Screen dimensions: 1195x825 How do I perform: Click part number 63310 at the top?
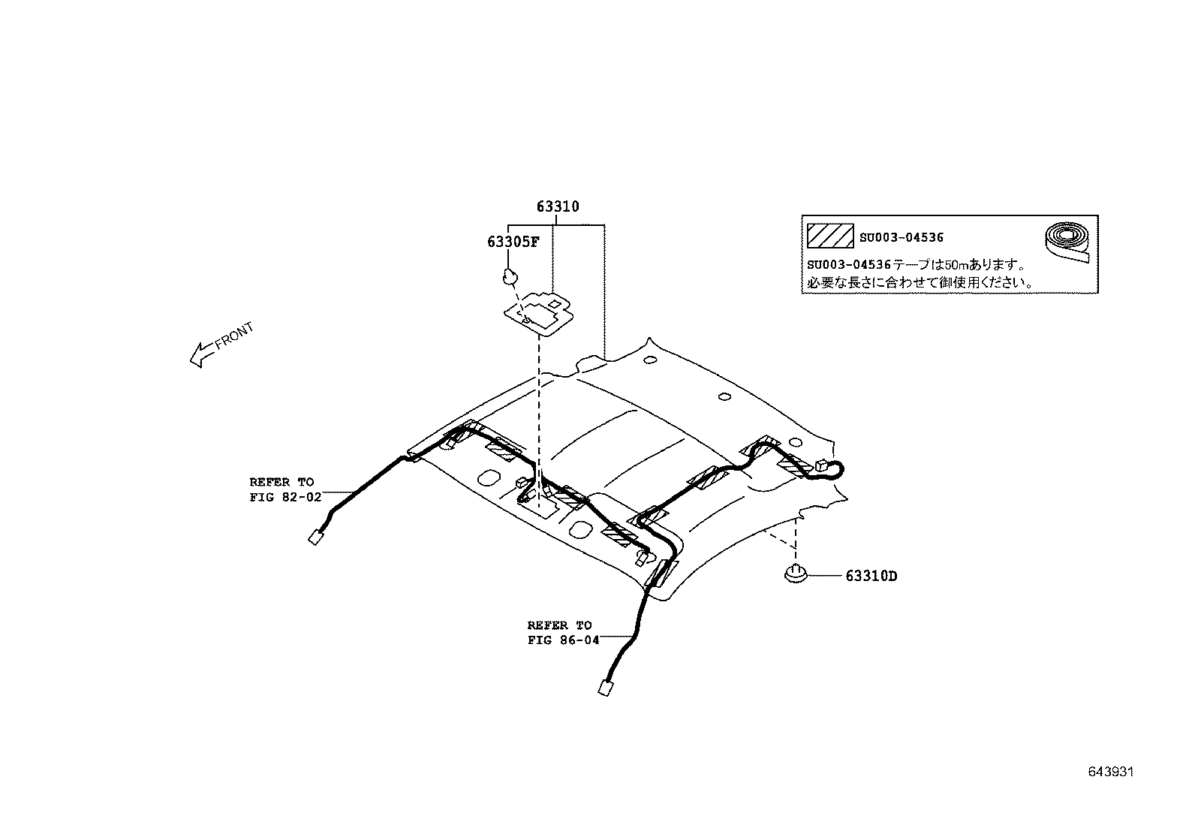pos(558,206)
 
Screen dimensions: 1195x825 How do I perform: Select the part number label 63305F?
pos(513,242)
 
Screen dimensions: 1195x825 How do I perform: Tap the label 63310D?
pos(871,577)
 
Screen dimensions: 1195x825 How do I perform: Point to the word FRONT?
pos(234,336)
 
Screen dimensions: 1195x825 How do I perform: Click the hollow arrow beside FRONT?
pos(203,354)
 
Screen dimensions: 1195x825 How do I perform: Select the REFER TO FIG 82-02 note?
pos(285,490)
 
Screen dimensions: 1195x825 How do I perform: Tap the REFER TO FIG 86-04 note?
pos(564,633)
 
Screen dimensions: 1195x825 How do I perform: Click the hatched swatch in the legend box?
pos(830,236)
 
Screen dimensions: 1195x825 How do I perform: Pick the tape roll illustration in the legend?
pos(1067,242)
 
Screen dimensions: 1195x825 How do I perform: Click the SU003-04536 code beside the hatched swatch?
pos(901,237)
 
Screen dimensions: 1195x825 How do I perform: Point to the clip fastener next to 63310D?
pos(796,574)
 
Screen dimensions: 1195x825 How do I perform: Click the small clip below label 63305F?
pos(510,277)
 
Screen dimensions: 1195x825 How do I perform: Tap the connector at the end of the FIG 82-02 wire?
pos(316,537)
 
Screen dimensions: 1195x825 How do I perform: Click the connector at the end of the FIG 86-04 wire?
pos(605,688)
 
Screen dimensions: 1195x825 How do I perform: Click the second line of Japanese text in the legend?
pos(920,282)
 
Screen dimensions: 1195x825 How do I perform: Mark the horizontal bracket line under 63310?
pos(556,224)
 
